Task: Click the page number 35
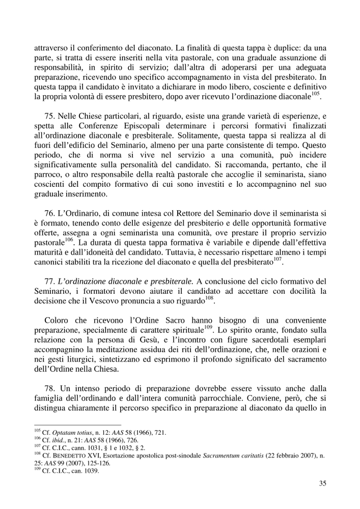click(x=322, y=484)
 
